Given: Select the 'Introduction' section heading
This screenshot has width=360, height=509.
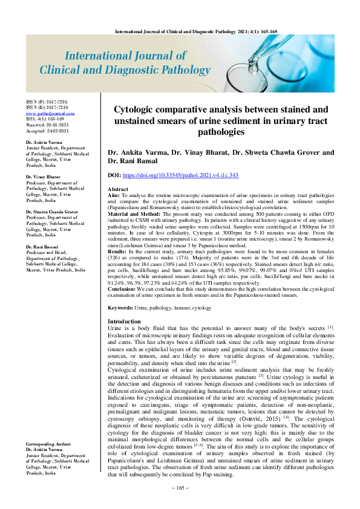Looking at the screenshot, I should (x=124, y=321).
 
